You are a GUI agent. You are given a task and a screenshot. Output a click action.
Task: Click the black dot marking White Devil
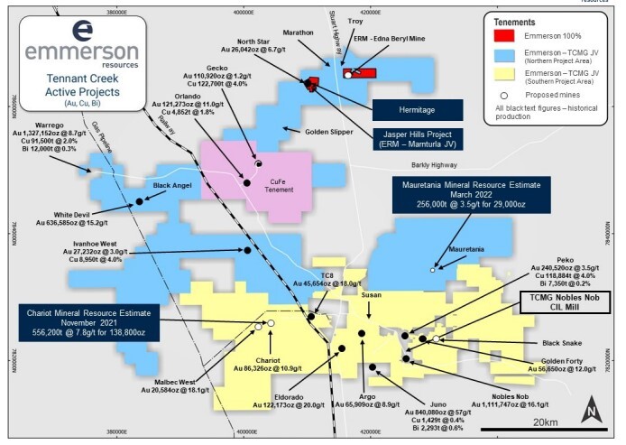click(x=139, y=201)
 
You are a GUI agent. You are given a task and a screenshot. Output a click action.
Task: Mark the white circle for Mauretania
click(x=434, y=269)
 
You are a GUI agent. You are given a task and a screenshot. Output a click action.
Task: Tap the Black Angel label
click(x=173, y=186)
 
